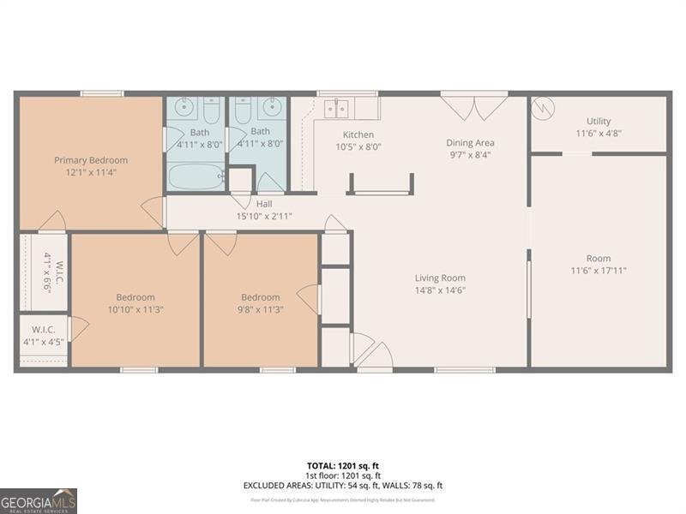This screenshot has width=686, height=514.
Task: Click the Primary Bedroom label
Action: tap(91, 160)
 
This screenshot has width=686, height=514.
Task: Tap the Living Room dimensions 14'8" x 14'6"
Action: tap(440, 290)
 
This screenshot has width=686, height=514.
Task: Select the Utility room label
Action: tap(599, 122)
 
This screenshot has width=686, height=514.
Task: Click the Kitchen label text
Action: tap(358, 134)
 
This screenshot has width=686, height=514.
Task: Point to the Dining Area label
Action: tap(471, 143)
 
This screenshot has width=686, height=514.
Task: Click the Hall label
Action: tap(264, 204)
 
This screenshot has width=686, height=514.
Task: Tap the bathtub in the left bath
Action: tap(194, 176)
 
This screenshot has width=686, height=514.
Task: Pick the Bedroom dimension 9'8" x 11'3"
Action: tap(260, 309)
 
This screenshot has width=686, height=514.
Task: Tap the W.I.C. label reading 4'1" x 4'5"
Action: tap(45, 335)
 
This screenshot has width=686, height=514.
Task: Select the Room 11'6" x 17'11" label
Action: tap(599, 264)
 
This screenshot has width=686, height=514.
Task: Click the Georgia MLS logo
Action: tap(39, 500)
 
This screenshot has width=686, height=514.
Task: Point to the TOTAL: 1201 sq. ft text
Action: tap(343, 465)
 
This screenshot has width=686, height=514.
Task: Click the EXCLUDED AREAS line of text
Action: tap(343, 486)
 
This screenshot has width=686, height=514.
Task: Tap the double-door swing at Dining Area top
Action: tap(474, 106)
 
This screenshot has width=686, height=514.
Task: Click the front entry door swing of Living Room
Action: tap(370, 351)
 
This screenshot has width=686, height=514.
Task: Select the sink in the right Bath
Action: tap(274, 108)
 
